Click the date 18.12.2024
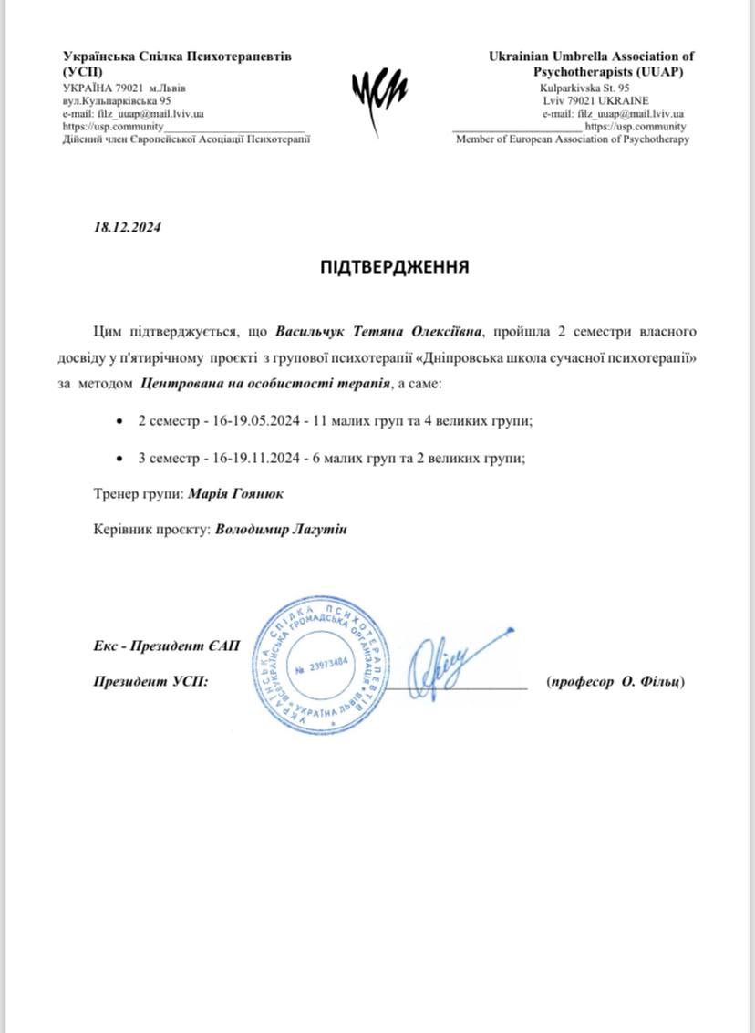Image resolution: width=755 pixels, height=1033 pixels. click(x=128, y=229)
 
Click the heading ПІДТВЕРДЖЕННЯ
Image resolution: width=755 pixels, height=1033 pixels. click(x=395, y=267)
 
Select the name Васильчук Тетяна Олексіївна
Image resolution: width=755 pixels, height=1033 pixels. click(x=383, y=327)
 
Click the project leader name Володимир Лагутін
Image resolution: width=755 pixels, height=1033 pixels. click(x=283, y=529)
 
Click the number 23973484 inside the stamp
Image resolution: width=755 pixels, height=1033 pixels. click(x=321, y=665)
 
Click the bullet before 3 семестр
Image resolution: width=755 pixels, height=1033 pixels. click(x=120, y=459)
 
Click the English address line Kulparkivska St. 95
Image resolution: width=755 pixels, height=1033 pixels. click(x=591, y=88)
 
